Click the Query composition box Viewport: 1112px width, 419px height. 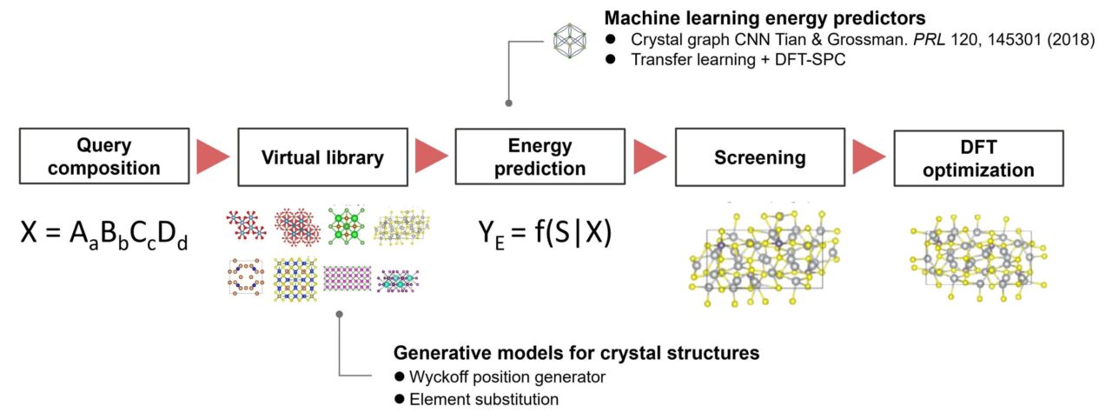(x=104, y=156)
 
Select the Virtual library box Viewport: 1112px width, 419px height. (x=322, y=156)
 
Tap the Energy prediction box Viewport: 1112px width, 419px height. (x=540, y=156)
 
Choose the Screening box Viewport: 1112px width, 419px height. (x=760, y=156)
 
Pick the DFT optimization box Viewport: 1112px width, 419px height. (x=978, y=158)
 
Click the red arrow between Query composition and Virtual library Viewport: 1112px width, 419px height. (x=213, y=156)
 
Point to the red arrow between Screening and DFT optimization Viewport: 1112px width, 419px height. (x=869, y=156)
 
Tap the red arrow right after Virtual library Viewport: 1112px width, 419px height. (x=432, y=156)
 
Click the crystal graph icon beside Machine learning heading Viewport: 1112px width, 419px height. (x=570, y=41)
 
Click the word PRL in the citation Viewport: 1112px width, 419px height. (x=929, y=39)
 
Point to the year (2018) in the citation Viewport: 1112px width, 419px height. (x=1071, y=39)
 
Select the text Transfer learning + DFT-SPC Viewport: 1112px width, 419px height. (x=738, y=60)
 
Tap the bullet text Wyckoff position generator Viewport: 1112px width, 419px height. (x=507, y=376)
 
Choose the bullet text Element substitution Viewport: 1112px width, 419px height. (x=484, y=399)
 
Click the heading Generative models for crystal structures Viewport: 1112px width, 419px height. (x=576, y=353)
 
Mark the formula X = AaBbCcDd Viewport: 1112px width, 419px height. (x=104, y=233)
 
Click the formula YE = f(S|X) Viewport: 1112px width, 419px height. (x=545, y=233)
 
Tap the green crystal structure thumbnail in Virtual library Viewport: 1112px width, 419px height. (x=347, y=226)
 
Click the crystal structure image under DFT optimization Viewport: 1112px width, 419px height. (x=979, y=257)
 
